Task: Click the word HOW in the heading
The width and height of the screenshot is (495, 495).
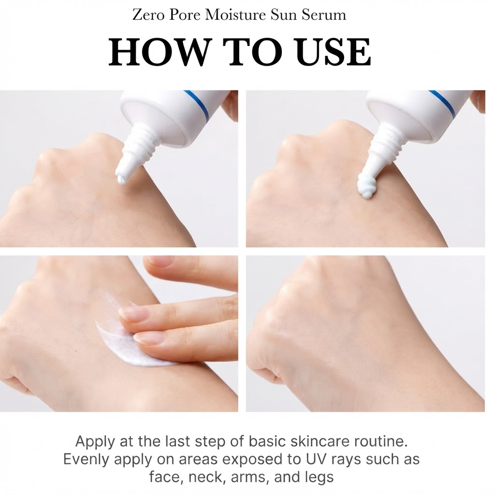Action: click(x=159, y=52)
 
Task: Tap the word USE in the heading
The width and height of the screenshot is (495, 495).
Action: click(x=333, y=52)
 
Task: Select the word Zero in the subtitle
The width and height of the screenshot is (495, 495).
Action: click(x=148, y=15)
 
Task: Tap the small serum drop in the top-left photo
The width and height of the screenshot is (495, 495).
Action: click(x=120, y=180)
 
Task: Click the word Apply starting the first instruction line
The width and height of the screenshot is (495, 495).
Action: click(x=95, y=442)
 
